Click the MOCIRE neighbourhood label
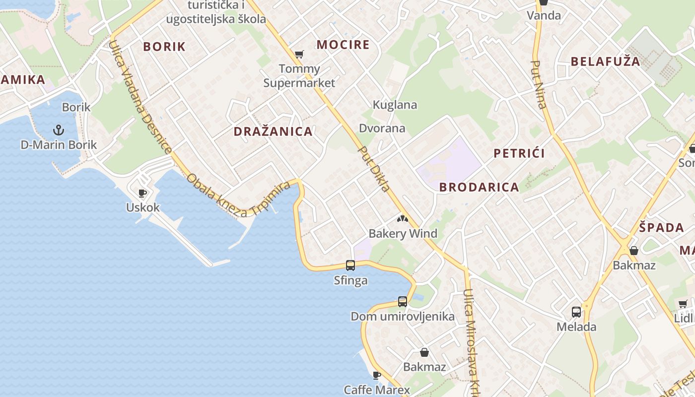coord(343,45)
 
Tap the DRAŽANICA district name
coord(273,132)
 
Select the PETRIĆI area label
coord(519,153)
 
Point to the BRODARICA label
coord(479,187)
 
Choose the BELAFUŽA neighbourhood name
coord(605,62)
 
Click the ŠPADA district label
coord(661,228)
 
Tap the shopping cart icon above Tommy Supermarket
coord(299,54)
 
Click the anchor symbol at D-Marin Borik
coord(59,130)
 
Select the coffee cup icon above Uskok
coord(142,193)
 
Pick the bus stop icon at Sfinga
coord(350,265)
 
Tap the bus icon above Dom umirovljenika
coord(402,301)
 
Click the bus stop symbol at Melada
coord(576,312)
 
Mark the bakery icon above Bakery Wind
coord(403,218)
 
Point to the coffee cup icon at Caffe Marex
coord(377,375)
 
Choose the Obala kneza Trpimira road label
coord(238,196)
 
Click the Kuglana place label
coord(395,105)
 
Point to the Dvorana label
coord(382,129)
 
